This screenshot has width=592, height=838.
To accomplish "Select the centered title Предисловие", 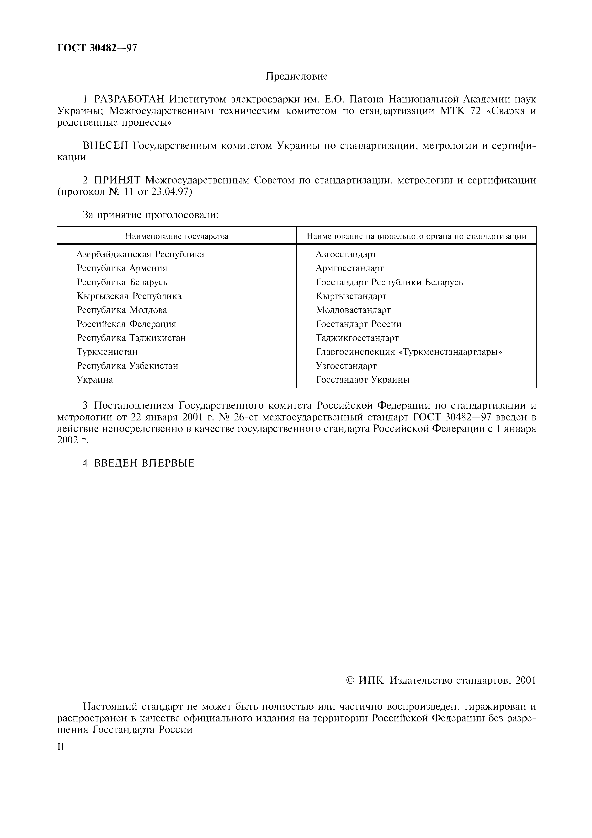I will [x=297, y=76].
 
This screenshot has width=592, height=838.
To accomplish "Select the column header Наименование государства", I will [x=177, y=236].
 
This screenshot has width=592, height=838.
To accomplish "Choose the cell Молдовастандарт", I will [x=353, y=310].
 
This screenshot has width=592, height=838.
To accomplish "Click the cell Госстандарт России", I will [x=358, y=324].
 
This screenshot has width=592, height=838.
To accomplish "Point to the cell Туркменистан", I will [x=107, y=352].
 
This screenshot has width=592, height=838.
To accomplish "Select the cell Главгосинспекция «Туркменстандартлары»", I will [x=409, y=352].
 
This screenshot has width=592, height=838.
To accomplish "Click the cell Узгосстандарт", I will [x=346, y=366].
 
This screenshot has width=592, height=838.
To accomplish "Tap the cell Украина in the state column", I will [x=95, y=380].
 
